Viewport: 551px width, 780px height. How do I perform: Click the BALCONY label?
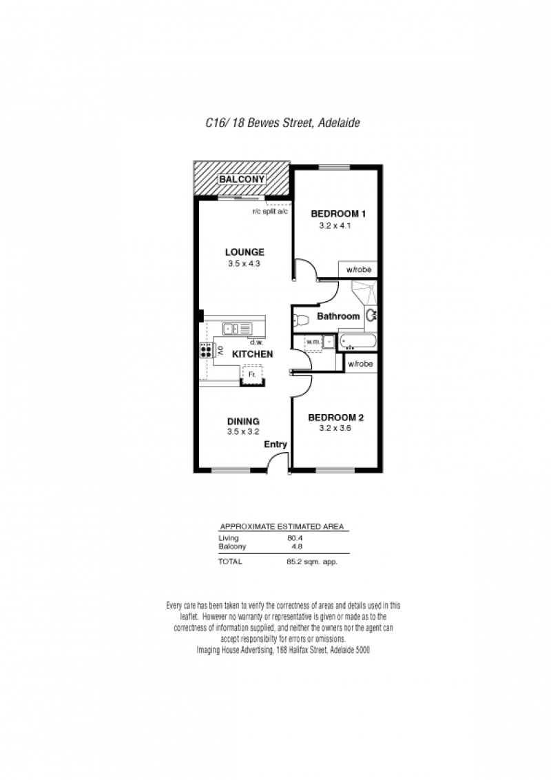[242, 179]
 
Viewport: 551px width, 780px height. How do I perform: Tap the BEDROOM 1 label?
[338, 214]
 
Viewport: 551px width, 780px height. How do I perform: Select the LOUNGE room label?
[245, 252]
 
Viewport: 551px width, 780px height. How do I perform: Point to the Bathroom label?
[338, 316]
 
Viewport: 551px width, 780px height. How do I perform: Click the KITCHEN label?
[253, 354]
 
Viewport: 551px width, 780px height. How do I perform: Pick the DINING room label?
[243, 421]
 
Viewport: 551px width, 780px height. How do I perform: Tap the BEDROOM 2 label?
[335, 418]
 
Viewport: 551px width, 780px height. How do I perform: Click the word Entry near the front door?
[275, 444]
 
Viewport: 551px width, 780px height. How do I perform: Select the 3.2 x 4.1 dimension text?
[335, 226]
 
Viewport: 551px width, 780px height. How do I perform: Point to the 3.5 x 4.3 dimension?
[245, 264]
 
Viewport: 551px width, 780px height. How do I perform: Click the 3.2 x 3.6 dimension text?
[335, 429]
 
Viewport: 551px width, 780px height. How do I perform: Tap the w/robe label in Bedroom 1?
[359, 269]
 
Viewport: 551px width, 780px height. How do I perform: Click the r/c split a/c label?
[270, 212]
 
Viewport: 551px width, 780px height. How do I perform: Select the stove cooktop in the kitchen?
[206, 351]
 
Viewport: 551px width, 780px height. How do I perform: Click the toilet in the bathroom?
[301, 319]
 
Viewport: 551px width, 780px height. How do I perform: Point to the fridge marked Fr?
[253, 374]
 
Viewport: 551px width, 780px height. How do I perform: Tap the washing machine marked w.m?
[313, 342]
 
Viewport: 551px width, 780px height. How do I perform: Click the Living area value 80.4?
[295, 538]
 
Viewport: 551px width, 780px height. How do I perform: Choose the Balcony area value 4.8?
[297, 546]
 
